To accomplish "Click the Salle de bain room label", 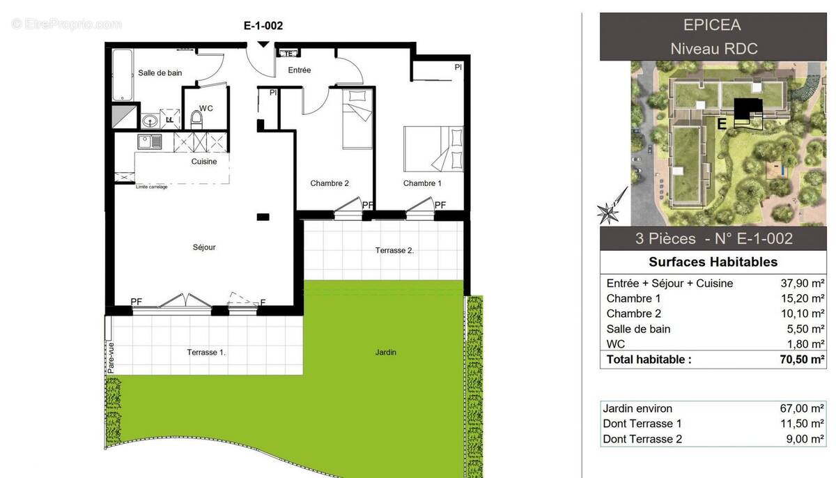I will tap(160, 73).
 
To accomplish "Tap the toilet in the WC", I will tap(196, 121).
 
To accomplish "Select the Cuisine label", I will tap(204, 162).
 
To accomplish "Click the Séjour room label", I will tap(204, 247).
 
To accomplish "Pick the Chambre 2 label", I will tap(330, 183).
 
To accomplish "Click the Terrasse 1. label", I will tap(206, 353).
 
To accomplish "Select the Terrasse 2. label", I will tap(394, 250).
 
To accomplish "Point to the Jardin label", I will tap(385, 353).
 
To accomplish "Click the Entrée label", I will tap(300, 70).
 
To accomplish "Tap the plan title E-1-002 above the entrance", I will tap(263, 26).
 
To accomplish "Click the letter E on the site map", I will tap(722, 124).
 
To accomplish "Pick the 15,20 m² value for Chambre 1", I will tap(802, 298).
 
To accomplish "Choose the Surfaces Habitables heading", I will tap(713, 262).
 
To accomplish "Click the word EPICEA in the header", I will tap(712, 25).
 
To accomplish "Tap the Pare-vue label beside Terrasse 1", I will tap(111, 357).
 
